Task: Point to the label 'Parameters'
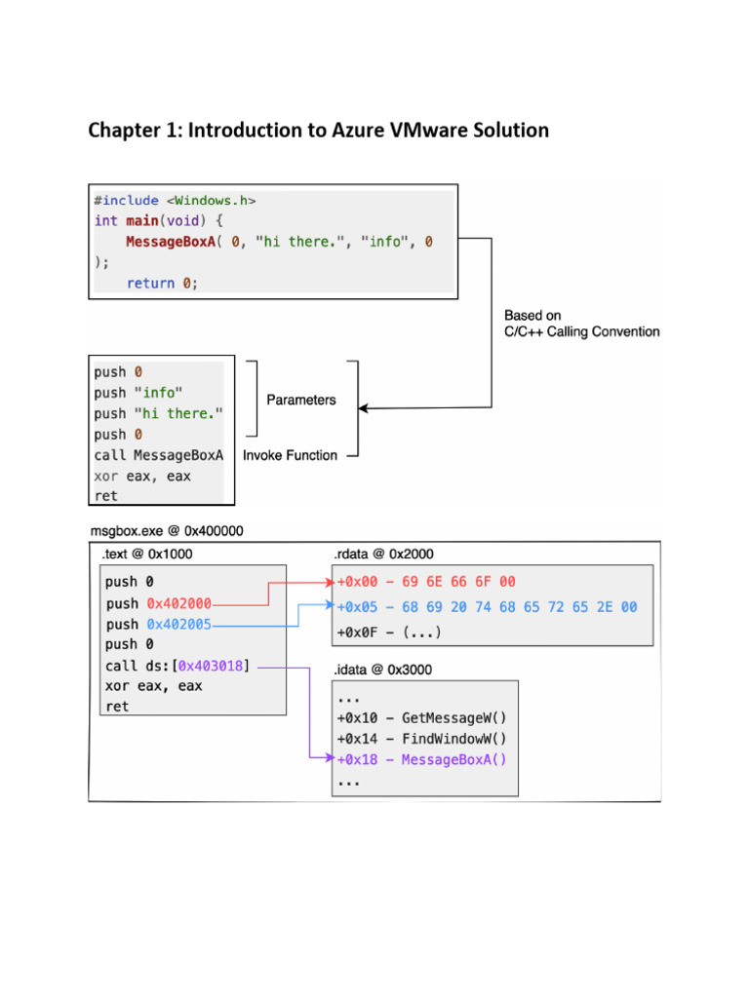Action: [x=301, y=400]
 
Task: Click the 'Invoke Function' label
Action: [x=290, y=455]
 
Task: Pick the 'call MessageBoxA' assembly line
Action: [x=159, y=455]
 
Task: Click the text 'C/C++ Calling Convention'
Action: [x=581, y=331]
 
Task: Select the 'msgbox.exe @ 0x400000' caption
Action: [x=167, y=531]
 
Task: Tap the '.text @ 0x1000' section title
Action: [x=146, y=555]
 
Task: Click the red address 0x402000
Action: [x=178, y=603]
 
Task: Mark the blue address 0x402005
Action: [x=178, y=624]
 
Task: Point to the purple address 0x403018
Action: [x=210, y=666]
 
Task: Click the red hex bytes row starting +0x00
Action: [x=426, y=582]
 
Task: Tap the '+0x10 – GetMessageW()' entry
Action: [x=421, y=718]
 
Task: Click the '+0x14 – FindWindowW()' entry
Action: [x=421, y=739]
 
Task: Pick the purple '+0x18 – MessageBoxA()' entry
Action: [x=421, y=760]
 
